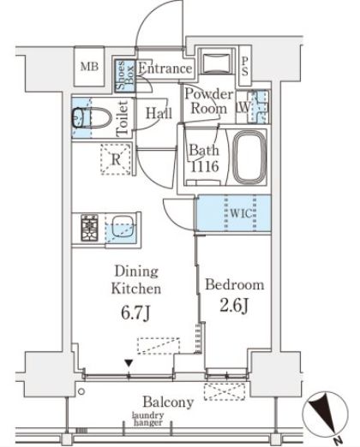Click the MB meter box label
tap(89, 67)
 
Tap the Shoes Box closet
tap(125, 76)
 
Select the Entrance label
tap(165, 69)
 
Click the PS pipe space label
tap(244, 67)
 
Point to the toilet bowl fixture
tap(92, 117)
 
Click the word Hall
tap(159, 113)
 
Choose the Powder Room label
tap(209, 101)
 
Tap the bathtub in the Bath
tap(250, 157)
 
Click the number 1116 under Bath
tap(205, 166)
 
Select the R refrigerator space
tap(116, 159)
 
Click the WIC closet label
tap(241, 213)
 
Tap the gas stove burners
tap(89, 228)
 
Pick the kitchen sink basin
tap(123, 227)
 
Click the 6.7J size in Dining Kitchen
tap(135, 313)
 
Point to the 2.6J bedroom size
tap(234, 306)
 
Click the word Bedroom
tap(235, 285)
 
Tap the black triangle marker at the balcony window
tap(129, 363)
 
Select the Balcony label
tap(168, 402)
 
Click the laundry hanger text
tap(148, 419)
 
